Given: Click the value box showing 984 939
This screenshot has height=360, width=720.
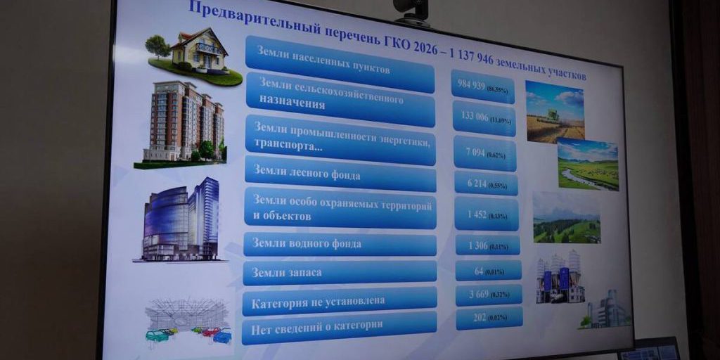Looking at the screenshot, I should (483, 88).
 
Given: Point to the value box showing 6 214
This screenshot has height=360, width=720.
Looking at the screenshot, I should (486, 183).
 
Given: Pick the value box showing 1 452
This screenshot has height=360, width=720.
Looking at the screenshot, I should (487, 214).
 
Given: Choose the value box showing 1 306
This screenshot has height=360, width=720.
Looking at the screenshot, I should (487, 244).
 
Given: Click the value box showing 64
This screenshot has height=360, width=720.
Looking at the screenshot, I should (488, 270).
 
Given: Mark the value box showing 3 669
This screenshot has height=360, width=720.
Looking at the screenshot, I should (489, 294).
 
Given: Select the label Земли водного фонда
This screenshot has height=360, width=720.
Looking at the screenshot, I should (340, 244).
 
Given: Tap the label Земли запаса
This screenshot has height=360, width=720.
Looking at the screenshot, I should (340, 273).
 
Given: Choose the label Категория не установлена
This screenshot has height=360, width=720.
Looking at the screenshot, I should (340, 300).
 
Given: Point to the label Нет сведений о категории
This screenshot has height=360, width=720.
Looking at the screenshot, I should (339, 327).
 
